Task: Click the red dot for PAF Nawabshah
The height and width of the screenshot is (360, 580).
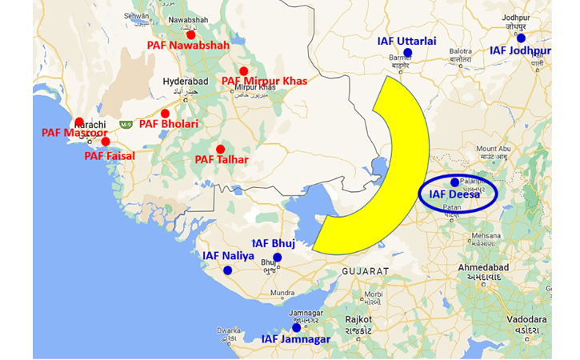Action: pos(190,34)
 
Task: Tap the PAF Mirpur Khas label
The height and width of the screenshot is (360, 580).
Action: pos(263,81)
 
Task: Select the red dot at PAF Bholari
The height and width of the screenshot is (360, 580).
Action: pos(166,114)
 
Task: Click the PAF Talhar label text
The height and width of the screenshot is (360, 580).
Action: pos(222,160)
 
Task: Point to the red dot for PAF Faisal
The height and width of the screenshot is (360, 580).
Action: pos(106,142)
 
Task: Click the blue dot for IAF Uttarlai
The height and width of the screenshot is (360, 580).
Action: pos(407,53)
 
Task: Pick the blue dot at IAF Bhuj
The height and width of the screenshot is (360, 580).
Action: pos(278,257)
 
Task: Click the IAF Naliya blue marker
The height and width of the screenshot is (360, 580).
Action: pos(228,270)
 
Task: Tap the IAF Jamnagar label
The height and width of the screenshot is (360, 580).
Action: pos(295,339)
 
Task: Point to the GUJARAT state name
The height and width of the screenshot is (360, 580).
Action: pos(365,272)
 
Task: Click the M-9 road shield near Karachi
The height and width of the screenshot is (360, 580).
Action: pos(126,125)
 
